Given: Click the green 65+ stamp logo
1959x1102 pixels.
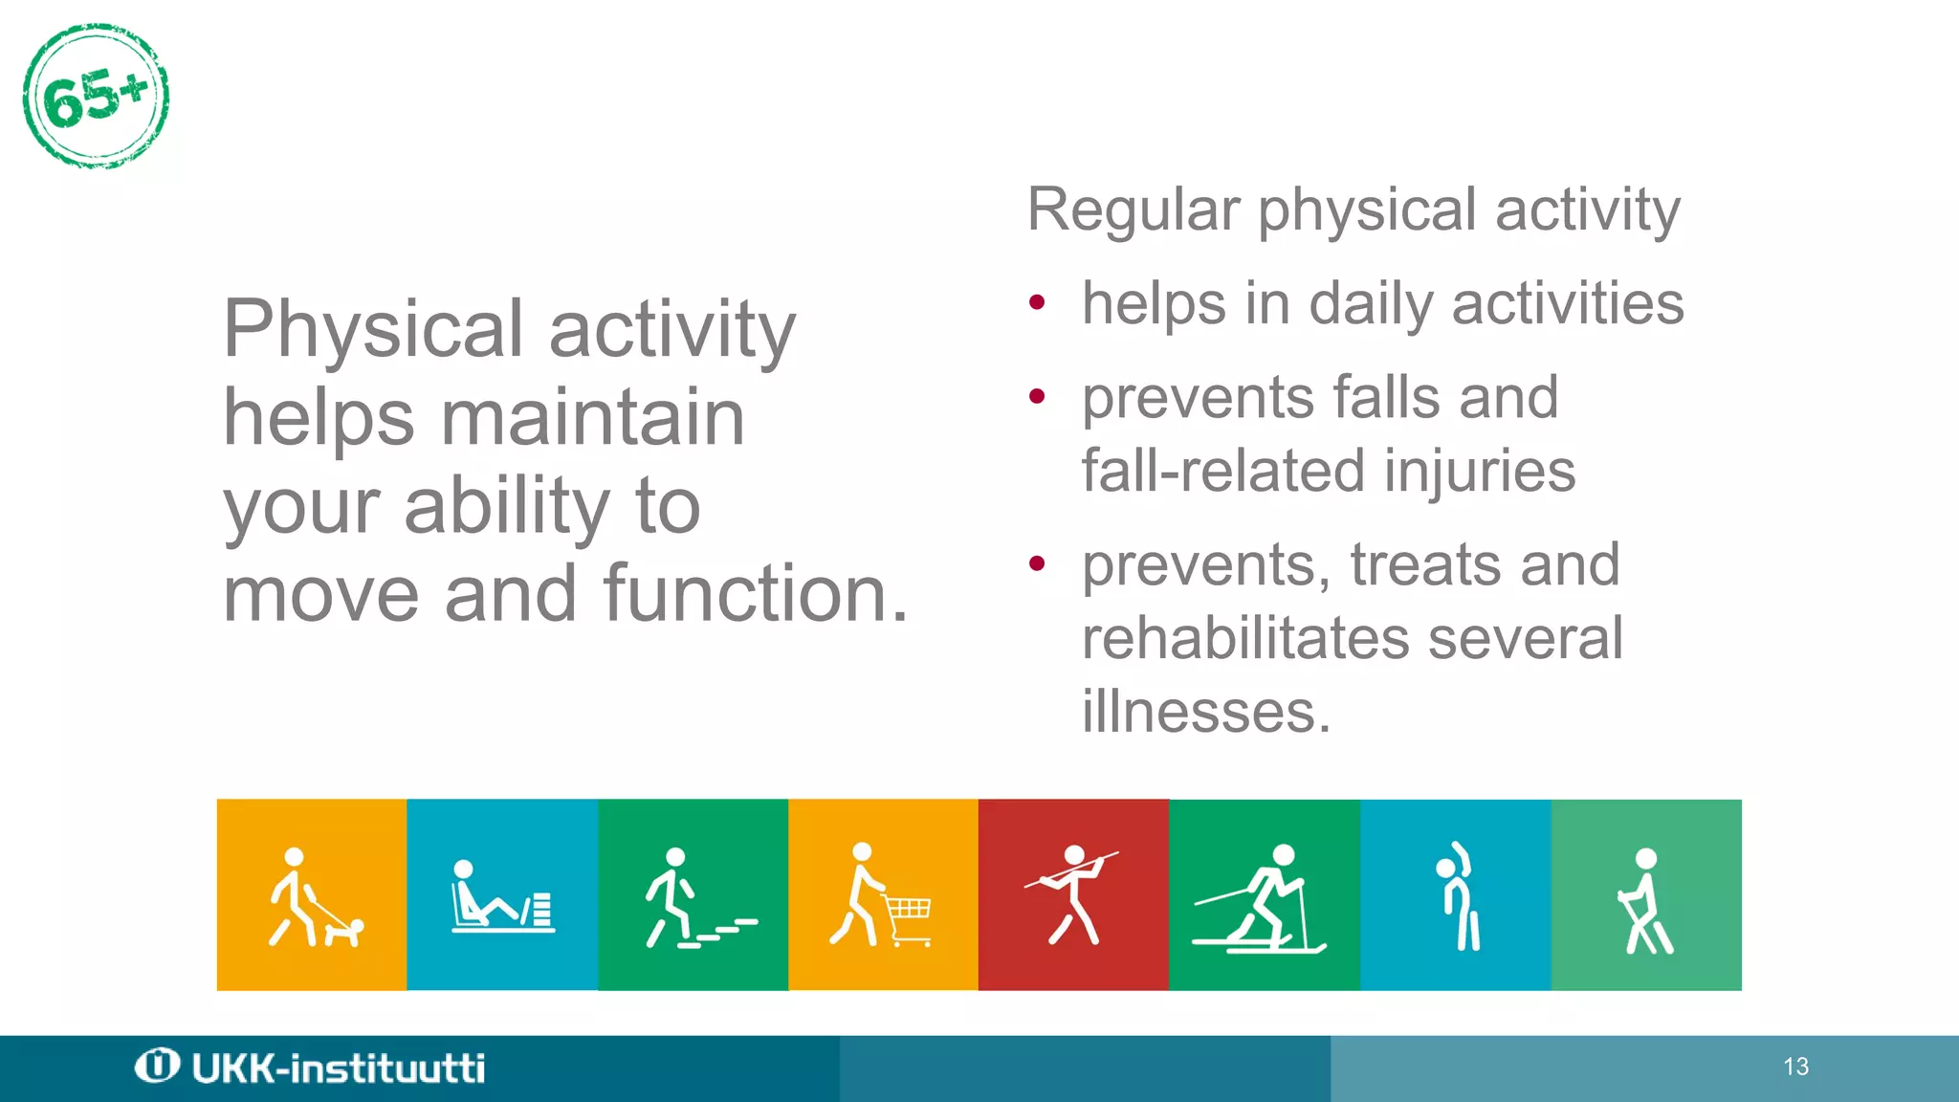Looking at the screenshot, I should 96,97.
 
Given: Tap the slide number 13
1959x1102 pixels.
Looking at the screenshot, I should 1795,1067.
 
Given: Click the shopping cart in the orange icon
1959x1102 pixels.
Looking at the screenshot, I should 908,918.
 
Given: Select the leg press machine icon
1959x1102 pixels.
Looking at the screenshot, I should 501,899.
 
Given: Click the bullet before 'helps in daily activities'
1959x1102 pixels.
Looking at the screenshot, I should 1037,304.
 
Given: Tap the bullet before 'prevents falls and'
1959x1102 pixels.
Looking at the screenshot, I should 1037,396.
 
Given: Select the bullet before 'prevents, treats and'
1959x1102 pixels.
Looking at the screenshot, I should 1037,563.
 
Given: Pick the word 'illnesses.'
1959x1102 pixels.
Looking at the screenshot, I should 1206,712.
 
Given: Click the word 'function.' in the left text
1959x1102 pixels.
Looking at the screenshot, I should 756,594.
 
